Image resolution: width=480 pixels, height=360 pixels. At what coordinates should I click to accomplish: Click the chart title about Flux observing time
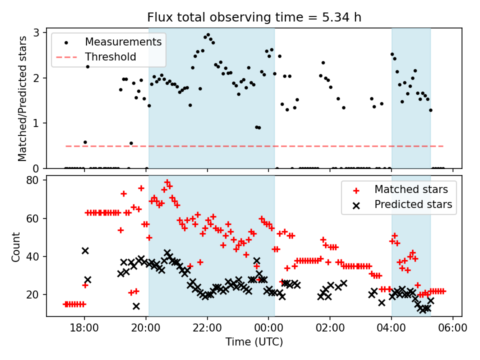point(254,17)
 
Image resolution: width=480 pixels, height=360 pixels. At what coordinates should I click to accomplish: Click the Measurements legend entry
point(123,41)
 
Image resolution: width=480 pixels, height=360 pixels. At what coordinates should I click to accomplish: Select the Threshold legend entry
point(110,56)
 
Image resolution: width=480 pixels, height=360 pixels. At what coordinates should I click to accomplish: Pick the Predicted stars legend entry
point(413,204)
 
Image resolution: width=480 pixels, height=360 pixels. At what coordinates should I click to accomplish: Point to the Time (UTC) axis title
point(254,342)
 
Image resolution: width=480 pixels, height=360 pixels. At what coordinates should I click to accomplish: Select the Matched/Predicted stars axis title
point(22,98)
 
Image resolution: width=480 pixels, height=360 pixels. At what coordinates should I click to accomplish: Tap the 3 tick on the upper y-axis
point(37,33)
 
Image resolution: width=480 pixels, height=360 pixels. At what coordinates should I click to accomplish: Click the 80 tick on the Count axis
point(34,180)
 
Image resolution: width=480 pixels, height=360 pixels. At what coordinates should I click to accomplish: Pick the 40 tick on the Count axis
point(34,256)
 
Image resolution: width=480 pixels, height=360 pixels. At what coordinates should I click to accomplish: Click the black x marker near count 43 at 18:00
point(85,250)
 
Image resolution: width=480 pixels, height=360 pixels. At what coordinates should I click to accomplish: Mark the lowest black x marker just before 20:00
point(136,306)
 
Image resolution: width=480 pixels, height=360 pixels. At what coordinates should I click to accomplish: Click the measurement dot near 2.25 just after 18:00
point(87,66)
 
